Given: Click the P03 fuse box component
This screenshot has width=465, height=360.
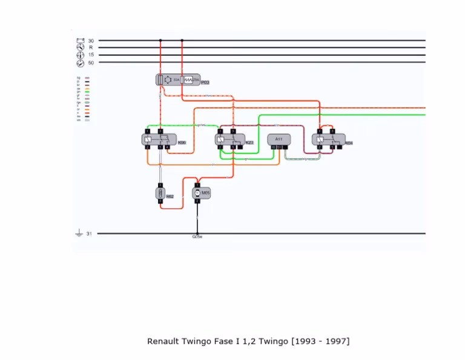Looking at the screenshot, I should click(x=177, y=80).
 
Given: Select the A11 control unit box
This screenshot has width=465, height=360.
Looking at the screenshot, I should click(x=279, y=140).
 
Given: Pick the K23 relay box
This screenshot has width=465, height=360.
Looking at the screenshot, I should click(x=229, y=140).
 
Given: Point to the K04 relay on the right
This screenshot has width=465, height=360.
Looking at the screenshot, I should click(x=328, y=140).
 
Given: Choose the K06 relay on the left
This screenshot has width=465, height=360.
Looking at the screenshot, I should click(x=159, y=140).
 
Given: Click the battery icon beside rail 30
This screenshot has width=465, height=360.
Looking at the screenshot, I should click(x=80, y=41).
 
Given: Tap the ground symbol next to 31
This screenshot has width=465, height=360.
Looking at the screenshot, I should click(x=79, y=233).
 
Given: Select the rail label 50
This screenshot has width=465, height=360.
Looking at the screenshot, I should click(x=91, y=62).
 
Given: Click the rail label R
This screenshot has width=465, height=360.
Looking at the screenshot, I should click(x=91, y=47).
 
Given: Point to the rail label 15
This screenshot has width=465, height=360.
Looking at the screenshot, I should click(x=91, y=55).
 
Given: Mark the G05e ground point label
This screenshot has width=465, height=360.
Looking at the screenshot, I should click(x=197, y=238).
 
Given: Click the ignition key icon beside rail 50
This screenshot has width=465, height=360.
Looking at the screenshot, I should click(x=80, y=62).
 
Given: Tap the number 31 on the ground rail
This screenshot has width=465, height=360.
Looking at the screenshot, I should click(x=89, y=233).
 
